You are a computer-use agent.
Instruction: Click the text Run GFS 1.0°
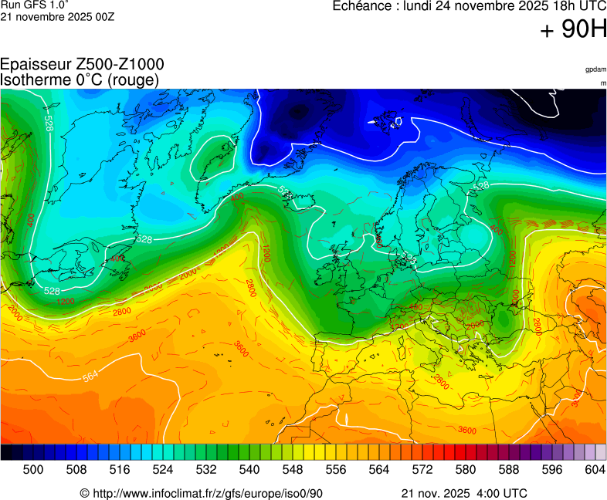(29, 5)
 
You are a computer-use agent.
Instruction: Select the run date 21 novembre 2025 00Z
(57, 17)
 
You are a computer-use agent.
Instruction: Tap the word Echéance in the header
(365, 6)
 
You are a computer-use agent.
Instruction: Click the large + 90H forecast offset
(573, 30)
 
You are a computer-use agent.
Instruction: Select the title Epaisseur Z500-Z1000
(82, 65)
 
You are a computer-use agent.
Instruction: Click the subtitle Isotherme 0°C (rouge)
(80, 79)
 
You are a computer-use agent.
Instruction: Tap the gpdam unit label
(595, 69)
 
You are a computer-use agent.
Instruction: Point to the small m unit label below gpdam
(602, 83)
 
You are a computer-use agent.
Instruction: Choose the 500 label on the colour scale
(32, 469)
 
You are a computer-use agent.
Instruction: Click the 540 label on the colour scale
(249, 469)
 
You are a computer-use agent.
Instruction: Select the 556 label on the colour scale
(335, 469)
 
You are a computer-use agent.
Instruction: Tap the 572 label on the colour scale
(422, 469)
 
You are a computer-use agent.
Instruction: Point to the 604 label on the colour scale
(594, 469)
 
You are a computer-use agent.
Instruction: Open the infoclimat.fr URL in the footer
(207, 493)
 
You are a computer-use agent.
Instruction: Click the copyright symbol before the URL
(85, 493)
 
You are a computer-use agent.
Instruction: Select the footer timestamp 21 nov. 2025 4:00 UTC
(464, 493)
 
